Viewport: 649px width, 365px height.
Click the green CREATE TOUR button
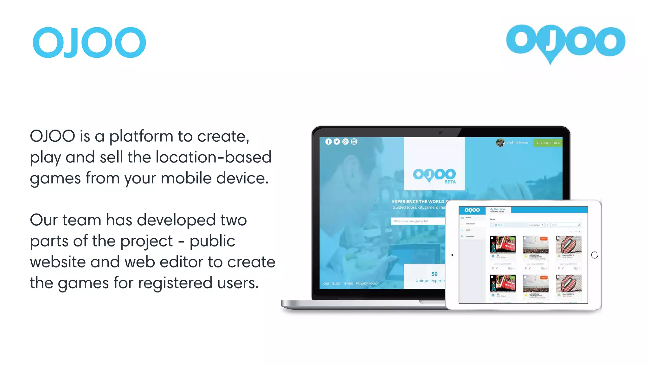548,143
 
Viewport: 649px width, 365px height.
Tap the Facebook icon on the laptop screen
328,142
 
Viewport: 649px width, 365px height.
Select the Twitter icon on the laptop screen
337,142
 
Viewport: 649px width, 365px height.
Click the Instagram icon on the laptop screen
354,142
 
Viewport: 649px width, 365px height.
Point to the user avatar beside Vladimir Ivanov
500,143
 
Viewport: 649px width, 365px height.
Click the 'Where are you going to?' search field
418,221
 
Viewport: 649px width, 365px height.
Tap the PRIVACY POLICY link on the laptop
367,284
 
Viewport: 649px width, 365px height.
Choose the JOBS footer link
326,284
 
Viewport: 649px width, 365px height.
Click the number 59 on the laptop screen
434,274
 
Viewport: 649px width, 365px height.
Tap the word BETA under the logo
450,182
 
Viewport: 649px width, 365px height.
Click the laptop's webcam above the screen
440,132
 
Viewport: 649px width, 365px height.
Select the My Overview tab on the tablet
497,209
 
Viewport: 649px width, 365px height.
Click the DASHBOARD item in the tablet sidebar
470,236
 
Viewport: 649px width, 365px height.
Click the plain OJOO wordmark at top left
89,42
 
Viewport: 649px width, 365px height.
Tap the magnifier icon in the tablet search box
579,225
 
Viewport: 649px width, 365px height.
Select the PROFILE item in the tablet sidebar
468,218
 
